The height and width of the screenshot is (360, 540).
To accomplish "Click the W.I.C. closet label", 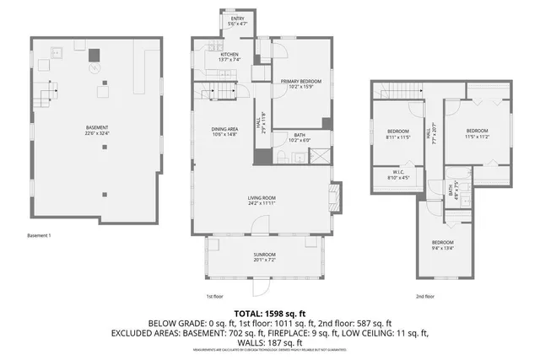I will point(398,175).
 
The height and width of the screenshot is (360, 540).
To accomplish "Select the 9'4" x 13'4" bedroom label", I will point(443,245).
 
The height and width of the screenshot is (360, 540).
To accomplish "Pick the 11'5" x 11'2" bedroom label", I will point(478,133).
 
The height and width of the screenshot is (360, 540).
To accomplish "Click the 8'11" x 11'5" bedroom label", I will point(398,133).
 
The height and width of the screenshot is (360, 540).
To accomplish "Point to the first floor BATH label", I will point(300,137).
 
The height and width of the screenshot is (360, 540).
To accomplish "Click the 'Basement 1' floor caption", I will point(40,235).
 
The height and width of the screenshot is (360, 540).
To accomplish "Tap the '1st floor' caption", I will point(214,296).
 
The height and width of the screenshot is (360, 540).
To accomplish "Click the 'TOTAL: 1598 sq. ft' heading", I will point(269,314).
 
